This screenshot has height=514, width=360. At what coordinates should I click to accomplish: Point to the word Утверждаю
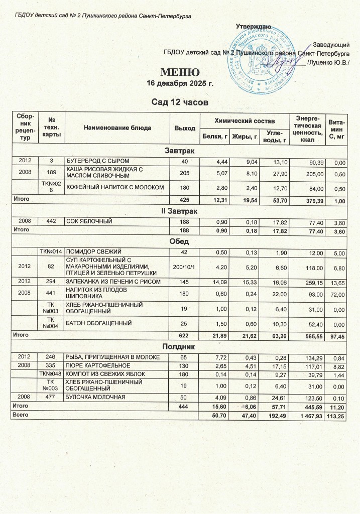click(x=254, y=26)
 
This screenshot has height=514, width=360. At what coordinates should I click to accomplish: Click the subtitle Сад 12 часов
click(x=180, y=102)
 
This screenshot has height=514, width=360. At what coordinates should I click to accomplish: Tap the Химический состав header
click(x=245, y=121)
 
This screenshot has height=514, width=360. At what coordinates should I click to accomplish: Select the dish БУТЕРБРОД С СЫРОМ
click(x=94, y=160)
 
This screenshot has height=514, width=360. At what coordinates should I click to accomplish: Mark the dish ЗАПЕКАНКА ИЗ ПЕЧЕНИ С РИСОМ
click(x=114, y=281)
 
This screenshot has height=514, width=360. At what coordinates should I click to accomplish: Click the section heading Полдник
click(x=180, y=347)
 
